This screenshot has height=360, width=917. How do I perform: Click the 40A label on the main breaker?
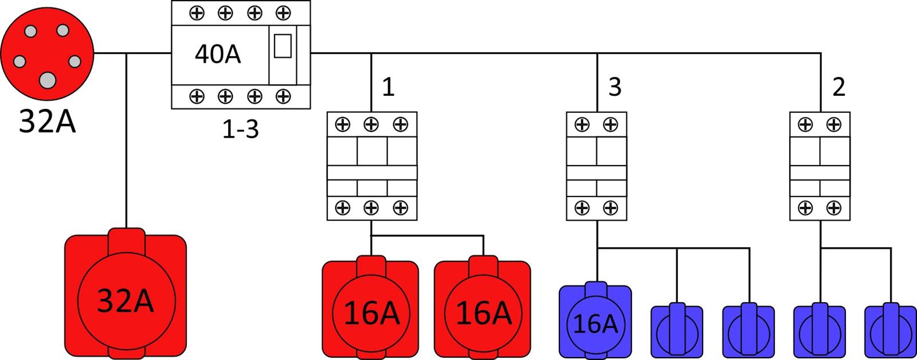[x=218, y=54]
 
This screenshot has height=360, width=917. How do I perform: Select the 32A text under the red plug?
[x=47, y=122]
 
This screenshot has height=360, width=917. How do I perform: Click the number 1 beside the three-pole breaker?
[x=388, y=87]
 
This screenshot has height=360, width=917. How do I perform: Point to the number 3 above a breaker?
[x=614, y=87]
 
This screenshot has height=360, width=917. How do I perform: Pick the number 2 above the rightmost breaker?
[x=838, y=87]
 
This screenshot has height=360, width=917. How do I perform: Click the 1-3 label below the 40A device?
[x=241, y=130]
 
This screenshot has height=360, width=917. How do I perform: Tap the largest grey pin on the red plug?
[x=47, y=81]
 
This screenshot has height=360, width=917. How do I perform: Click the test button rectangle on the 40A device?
[x=283, y=46]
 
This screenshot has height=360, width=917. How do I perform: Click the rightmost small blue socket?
[x=890, y=331]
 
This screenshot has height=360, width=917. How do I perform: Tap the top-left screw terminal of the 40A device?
[x=197, y=13]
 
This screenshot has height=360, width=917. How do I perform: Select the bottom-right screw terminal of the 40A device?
[x=283, y=96]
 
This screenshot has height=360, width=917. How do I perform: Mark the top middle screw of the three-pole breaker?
[x=371, y=124]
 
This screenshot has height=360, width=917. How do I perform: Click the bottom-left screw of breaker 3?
[x=582, y=208]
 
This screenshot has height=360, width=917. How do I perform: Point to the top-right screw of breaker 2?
[x=834, y=124]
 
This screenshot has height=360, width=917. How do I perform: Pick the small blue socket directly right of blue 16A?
[x=677, y=331]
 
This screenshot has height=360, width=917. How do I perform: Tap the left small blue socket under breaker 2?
[x=820, y=331]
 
